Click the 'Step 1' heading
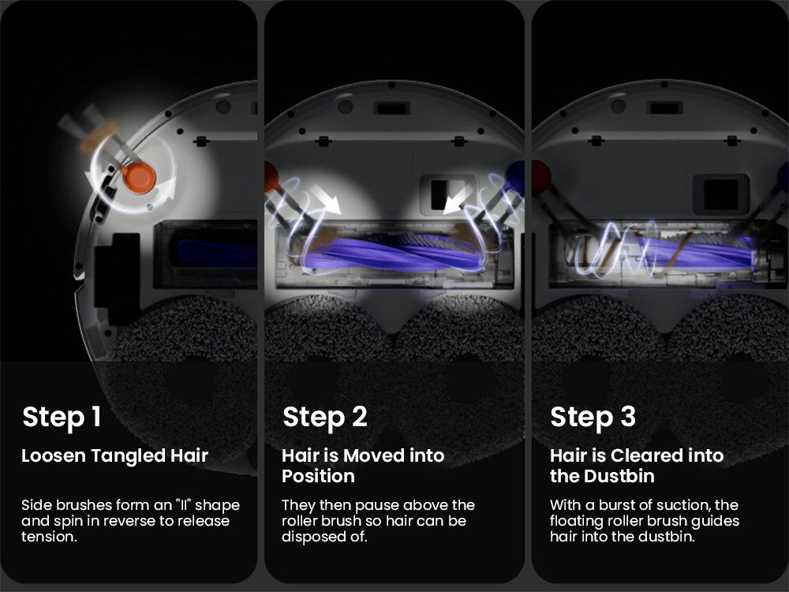pyautogui.click(x=62, y=418)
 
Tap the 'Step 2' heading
pyautogui.click(x=325, y=418)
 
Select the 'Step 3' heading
pyautogui.click(x=593, y=418)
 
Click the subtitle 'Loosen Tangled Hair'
pyautogui.click(x=114, y=455)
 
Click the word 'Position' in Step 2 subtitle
pyautogui.click(x=319, y=476)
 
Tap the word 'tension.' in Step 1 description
pyautogui.click(x=49, y=537)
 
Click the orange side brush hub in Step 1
pyautogui.click(x=139, y=177)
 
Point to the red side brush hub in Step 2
pyautogui.click(x=271, y=176)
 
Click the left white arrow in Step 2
pyautogui.click(x=326, y=200)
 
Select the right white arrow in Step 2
pyautogui.click(x=458, y=200)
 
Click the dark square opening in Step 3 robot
pyautogui.click(x=720, y=194)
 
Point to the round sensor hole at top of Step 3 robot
pyautogui.click(x=618, y=107)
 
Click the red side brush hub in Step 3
pyautogui.click(x=541, y=176)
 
